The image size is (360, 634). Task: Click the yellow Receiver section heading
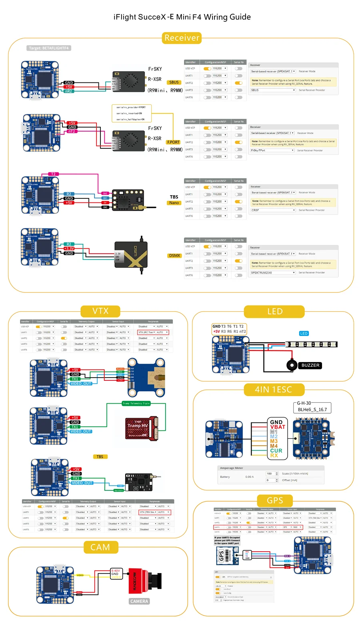tap(182, 38)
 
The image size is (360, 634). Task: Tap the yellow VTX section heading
tap(100, 311)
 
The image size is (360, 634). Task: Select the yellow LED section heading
tap(274, 311)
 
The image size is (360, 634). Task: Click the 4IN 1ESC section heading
tap(274, 390)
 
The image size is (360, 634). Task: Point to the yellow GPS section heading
tap(275, 500)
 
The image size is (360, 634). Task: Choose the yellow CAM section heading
tap(100, 547)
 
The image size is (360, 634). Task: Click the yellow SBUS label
tap(174, 82)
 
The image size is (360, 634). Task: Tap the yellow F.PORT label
tap(173, 142)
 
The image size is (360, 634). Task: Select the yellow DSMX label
tap(174, 256)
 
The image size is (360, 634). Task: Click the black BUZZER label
tap(310, 365)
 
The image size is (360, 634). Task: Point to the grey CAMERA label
tap(139, 601)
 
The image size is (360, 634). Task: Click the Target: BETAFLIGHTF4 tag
tap(49, 48)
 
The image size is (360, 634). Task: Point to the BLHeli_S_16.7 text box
tap(312, 409)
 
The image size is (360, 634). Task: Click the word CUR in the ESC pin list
tap(276, 451)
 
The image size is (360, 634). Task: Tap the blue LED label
tap(304, 333)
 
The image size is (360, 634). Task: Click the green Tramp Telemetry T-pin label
tap(136, 403)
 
